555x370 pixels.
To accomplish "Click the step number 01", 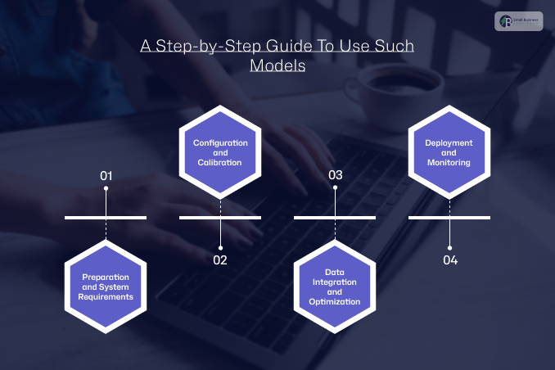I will click(106, 175).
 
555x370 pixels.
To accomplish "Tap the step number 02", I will click(219, 260).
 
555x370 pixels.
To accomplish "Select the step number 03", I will click(335, 175).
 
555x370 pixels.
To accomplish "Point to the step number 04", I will click(450, 260).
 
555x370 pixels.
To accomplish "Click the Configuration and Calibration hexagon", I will click(219, 152).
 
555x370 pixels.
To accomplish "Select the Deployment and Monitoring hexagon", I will click(449, 152).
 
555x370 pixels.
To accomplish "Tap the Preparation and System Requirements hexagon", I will click(106, 287).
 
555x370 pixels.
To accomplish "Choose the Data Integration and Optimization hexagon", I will click(334, 287).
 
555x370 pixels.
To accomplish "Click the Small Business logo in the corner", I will click(518, 23).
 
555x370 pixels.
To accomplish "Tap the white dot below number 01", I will click(106, 189).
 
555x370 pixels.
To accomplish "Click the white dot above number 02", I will click(219, 246).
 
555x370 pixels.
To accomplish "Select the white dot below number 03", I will click(335, 189).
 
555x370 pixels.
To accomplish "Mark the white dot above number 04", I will click(449, 246).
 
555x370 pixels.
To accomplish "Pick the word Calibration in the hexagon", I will click(219, 162).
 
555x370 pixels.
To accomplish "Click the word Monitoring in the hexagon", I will click(449, 162).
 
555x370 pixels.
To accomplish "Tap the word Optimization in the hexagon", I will click(334, 301).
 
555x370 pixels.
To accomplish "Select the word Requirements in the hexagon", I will click(106, 297).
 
